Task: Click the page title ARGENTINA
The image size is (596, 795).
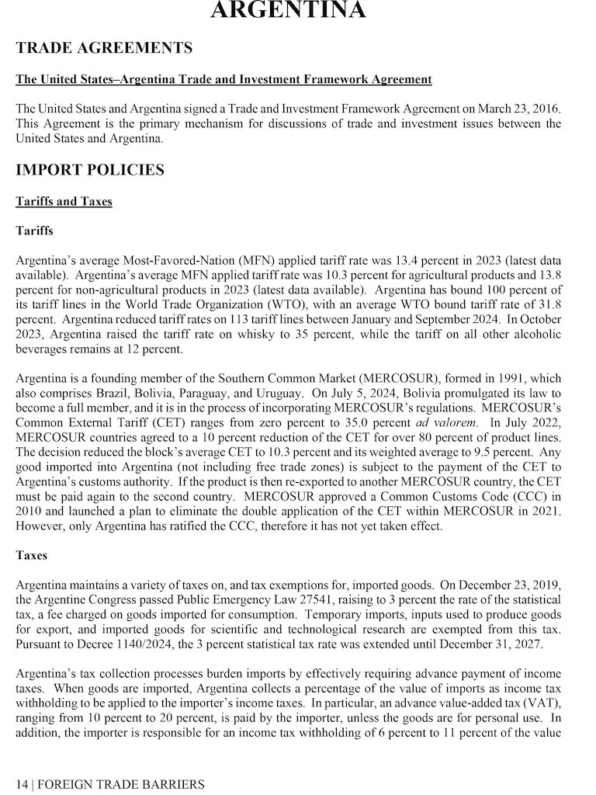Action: pos(289,10)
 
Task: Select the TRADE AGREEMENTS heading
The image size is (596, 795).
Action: pos(104,48)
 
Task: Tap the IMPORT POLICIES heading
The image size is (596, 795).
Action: pos(90,170)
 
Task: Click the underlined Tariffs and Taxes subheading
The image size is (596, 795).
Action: pos(64,202)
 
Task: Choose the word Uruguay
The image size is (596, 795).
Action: pos(281,394)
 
